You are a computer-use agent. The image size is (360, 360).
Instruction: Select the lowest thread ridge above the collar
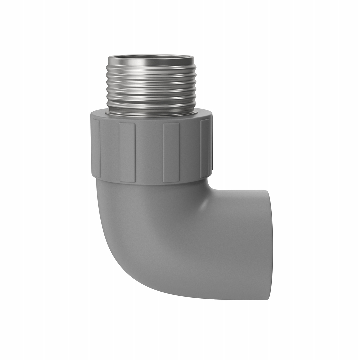pyautogui.click(x=151, y=106)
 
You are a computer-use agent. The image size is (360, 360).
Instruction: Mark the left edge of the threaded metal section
pyautogui.click(x=107, y=85)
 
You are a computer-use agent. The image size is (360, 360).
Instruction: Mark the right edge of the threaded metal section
pyautogui.click(x=195, y=85)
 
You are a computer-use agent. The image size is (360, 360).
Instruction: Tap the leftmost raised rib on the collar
pyautogui.click(x=96, y=148)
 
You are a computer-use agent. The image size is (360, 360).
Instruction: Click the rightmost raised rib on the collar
pyautogui.click(x=204, y=148)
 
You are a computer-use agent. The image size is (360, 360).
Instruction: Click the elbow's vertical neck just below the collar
pyautogui.click(x=150, y=193)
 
